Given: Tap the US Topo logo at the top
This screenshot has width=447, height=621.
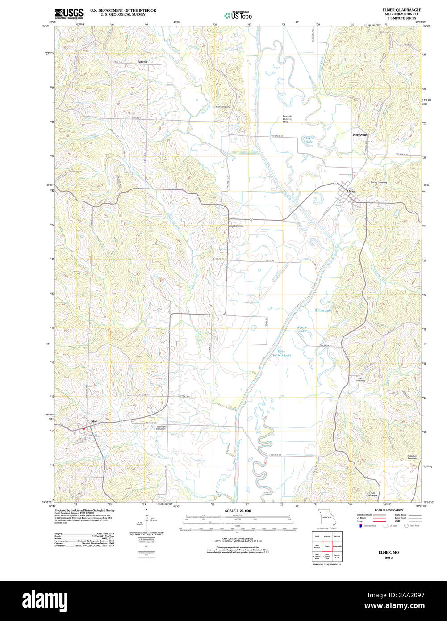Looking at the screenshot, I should click(x=238, y=15).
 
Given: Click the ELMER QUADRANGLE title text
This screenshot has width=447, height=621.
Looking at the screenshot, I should click(x=401, y=10).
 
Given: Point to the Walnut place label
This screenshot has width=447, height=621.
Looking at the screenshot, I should click(x=142, y=61).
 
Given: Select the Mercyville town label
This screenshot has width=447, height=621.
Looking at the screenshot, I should click(x=359, y=134).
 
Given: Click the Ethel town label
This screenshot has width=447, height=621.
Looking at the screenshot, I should click(x=94, y=421).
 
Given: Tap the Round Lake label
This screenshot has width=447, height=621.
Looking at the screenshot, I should click(x=323, y=310).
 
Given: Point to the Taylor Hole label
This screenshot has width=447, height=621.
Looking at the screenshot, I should click(x=309, y=140).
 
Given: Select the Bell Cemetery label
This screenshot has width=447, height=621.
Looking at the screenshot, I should click(x=223, y=107).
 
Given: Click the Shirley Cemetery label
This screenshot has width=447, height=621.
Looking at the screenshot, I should click(x=378, y=182).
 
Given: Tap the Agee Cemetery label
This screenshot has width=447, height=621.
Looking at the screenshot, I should click(x=360, y=379).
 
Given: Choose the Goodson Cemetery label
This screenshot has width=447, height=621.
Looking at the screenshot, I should click(x=412, y=457).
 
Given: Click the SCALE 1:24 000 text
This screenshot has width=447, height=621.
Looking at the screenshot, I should click(x=238, y=511).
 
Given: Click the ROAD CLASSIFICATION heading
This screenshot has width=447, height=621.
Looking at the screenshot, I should click(x=389, y=510).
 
